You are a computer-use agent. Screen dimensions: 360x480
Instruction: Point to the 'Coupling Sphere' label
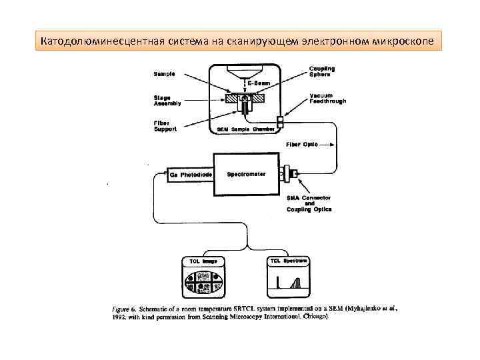point(322,71)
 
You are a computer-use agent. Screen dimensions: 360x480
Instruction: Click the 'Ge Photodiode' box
point(191,175)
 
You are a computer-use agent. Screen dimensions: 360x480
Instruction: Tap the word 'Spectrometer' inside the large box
point(246,175)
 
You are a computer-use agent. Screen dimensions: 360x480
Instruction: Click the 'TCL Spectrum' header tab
point(288,261)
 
